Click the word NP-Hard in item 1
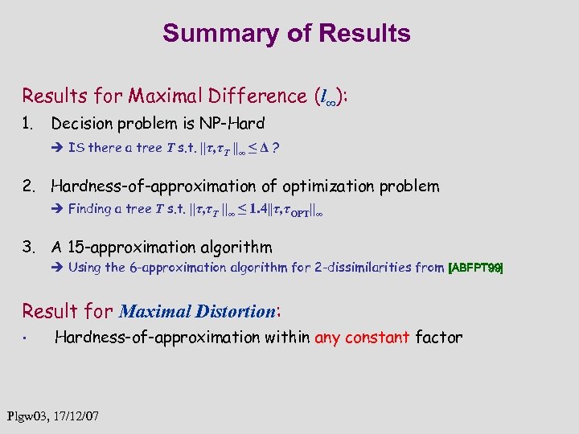[x=234, y=124]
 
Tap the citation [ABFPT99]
[x=475, y=268]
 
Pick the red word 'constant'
[x=377, y=338]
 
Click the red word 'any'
[x=327, y=338]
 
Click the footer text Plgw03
[x=27, y=417]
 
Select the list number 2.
[x=28, y=186]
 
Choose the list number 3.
[x=28, y=248]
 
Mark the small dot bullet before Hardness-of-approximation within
[x=27, y=338]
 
